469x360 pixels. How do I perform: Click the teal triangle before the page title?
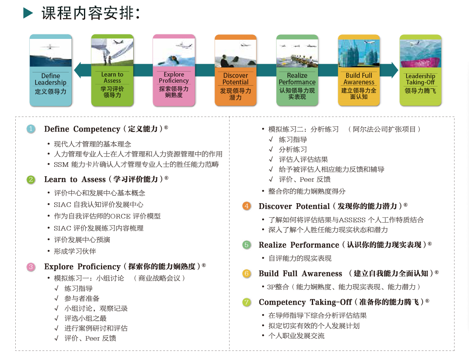28,14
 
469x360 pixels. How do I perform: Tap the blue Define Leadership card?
50,70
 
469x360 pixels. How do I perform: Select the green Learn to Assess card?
112,70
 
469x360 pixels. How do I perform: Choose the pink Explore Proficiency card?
174,70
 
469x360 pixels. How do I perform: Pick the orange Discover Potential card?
235,70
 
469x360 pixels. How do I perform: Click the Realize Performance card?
297,70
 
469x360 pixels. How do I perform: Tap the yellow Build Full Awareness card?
359,70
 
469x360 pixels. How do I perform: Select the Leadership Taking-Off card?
420,70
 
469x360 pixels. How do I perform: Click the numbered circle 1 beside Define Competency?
31,129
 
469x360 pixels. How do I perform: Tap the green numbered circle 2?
31,180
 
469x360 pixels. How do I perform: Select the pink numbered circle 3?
31,267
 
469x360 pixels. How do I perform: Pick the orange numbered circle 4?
246,206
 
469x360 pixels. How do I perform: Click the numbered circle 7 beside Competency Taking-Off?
246,302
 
